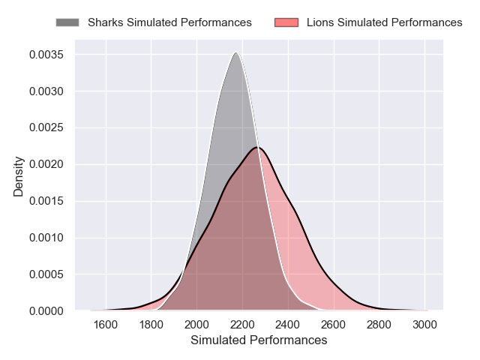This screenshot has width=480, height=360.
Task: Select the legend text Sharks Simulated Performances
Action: [169, 22]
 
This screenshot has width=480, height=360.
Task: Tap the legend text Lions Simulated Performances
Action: [385, 22]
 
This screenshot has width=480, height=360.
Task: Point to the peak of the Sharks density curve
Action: [236, 52]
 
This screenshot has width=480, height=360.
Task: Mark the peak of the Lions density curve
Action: [257, 147]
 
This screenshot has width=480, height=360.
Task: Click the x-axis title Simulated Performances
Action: [259, 340]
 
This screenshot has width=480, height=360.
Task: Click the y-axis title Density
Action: [19, 176]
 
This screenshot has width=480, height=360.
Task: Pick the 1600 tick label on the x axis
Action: [106, 324]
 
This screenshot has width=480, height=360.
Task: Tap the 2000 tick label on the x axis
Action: [196, 324]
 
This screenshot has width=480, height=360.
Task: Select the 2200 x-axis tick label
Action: [242, 324]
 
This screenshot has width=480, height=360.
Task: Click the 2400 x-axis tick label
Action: [288, 324]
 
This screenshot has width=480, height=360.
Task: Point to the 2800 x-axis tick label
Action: [379, 324]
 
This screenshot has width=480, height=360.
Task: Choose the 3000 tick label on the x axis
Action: [424, 324]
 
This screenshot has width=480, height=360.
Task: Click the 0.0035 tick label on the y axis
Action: [46, 55]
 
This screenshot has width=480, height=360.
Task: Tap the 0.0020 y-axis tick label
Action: [46, 165]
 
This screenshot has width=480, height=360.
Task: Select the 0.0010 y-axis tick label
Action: [46, 238]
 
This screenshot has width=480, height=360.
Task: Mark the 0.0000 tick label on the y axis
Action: [46, 310]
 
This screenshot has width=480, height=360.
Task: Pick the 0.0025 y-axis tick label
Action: [46, 128]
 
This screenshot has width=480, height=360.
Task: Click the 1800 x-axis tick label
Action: [151, 324]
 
